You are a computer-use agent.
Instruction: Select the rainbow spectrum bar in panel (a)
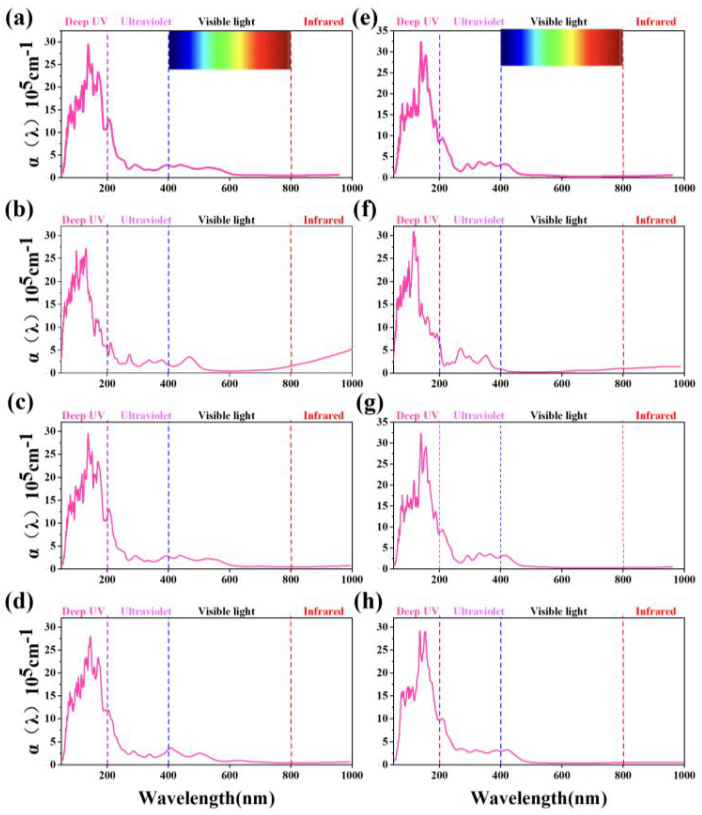(x=230, y=50)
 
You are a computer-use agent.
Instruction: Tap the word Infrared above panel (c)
(x=323, y=415)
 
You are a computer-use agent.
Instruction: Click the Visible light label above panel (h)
(x=558, y=611)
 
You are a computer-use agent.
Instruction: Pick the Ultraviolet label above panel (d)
(x=146, y=611)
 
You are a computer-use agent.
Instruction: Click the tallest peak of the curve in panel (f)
(x=414, y=232)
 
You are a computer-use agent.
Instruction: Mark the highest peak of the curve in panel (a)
(x=88, y=45)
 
